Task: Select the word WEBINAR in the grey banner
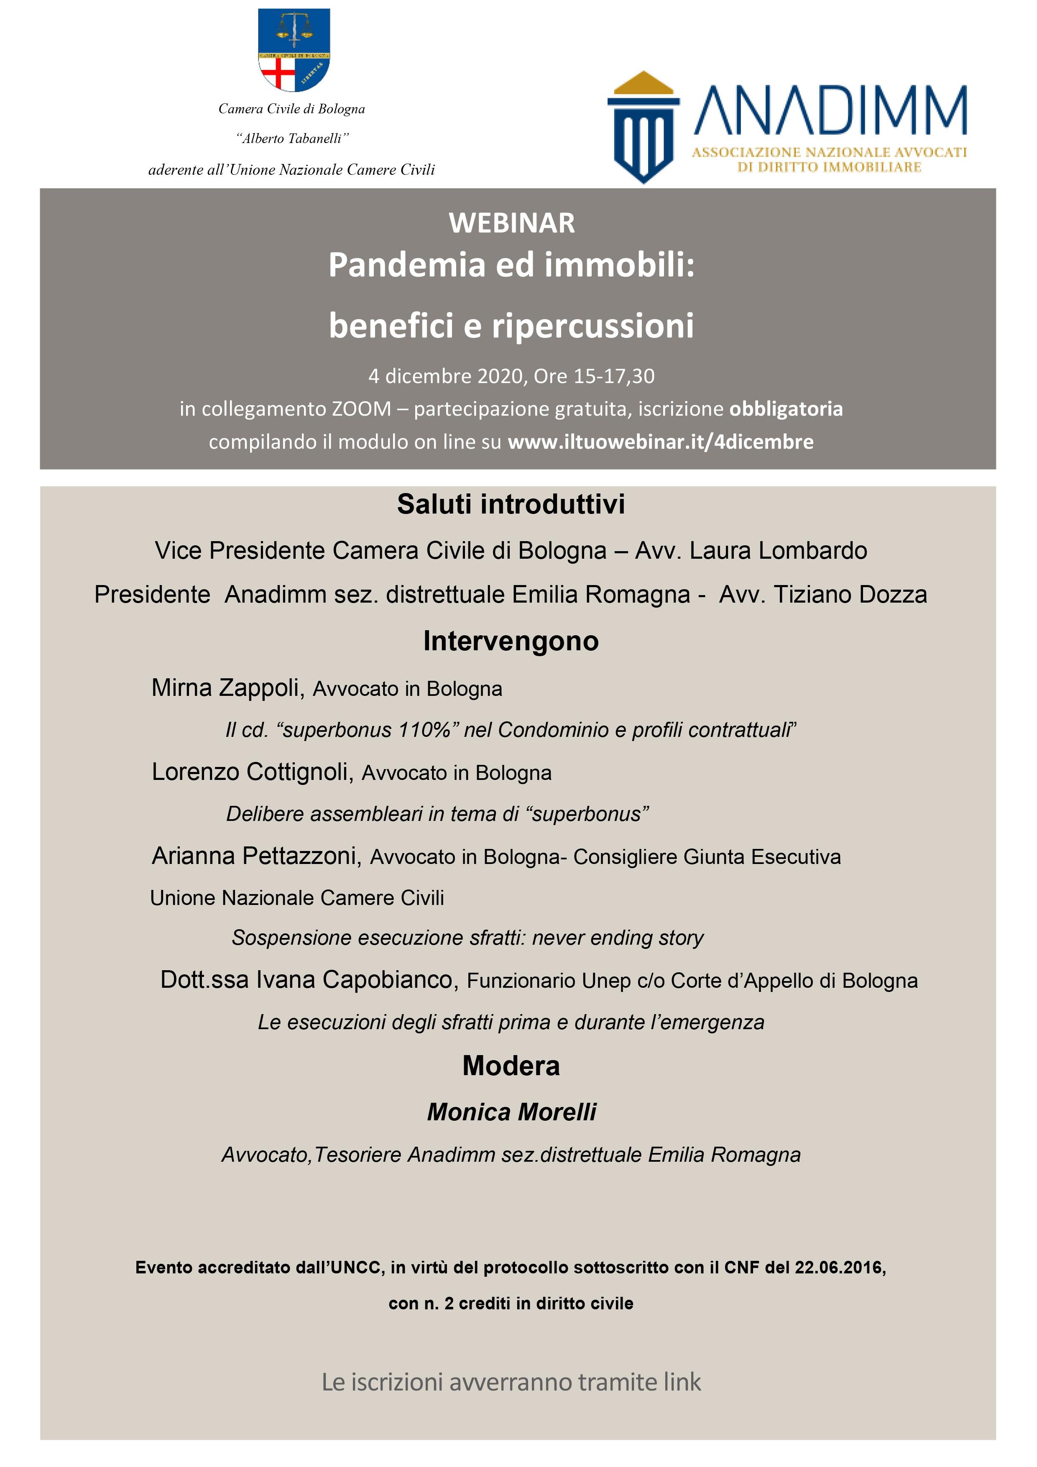(x=512, y=223)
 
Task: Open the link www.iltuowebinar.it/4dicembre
(x=661, y=442)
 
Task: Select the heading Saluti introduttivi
(x=511, y=504)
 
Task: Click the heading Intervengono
(x=511, y=641)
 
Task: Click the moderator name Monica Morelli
(x=511, y=1112)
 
